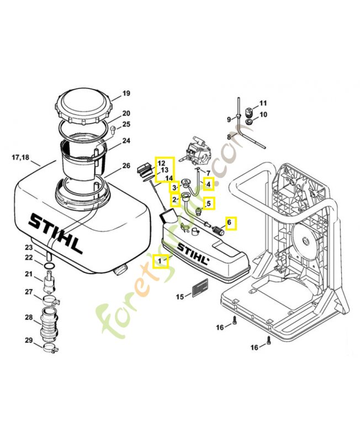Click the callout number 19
(x=126, y=93)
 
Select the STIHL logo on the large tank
(x=56, y=232)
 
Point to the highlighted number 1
(x=160, y=260)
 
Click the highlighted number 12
(x=161, y=163)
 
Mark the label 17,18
(x=20, y=157)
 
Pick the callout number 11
(x=263, y=103)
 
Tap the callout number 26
(x=126, y=166)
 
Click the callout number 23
(x=29, y=248)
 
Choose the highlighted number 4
(x=209, y=183)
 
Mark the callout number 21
(x=29, y=275)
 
